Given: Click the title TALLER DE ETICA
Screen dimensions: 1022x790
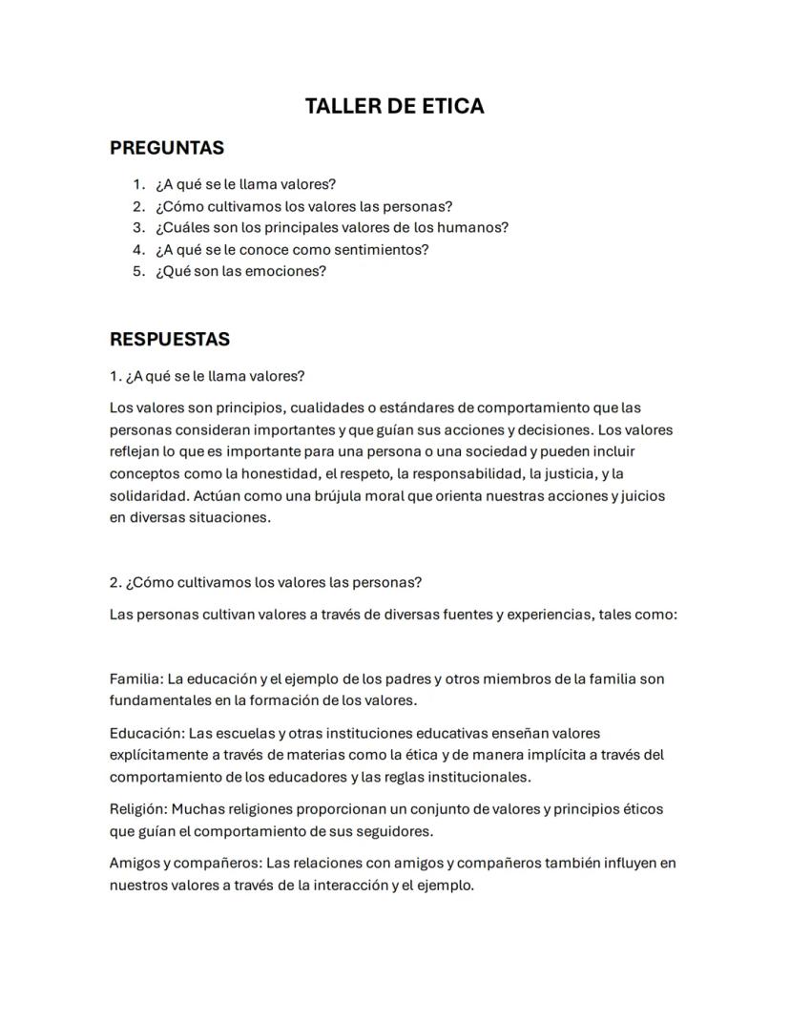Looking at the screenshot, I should coord(394,106).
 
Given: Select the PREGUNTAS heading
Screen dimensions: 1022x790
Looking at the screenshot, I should coord(167,148).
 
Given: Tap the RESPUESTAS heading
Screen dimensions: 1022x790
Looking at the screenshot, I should coord(170,340).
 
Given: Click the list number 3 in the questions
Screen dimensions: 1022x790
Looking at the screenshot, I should coord(138,228).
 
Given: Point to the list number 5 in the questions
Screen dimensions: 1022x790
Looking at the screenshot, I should coord(138,271).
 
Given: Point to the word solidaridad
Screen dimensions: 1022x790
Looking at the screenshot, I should coord(148,496).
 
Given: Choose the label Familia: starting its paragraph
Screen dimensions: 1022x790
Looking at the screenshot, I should coord(136,679).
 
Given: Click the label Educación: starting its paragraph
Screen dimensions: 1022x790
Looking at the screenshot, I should coord(147,734).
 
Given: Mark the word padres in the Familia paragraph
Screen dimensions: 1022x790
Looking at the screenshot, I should coord(407,679).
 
